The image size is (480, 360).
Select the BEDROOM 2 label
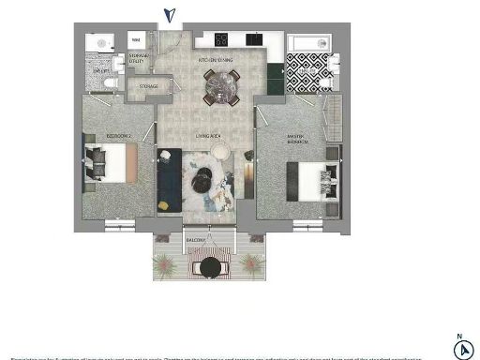pos(118,137)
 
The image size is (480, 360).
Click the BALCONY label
pos(195,241)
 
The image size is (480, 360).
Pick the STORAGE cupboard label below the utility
pos(148,87)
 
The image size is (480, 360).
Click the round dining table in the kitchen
pos(222,89)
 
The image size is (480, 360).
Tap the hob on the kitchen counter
pos(222,39)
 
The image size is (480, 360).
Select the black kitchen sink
pos(253,39)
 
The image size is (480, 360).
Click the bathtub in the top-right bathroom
pos(308,44)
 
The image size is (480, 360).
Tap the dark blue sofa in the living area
pos(169,178)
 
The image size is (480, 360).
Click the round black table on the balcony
pos(210,268)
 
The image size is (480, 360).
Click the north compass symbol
pos(462,349)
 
